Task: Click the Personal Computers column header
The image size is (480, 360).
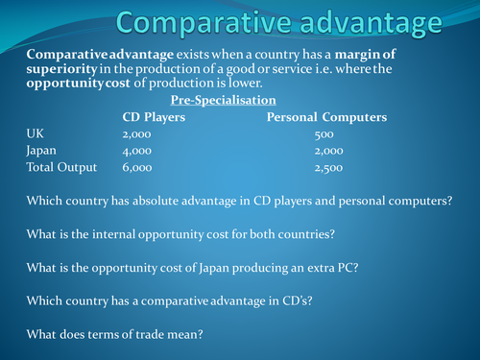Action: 326,117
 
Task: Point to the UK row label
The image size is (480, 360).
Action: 35,134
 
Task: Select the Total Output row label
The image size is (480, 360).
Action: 61,168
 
